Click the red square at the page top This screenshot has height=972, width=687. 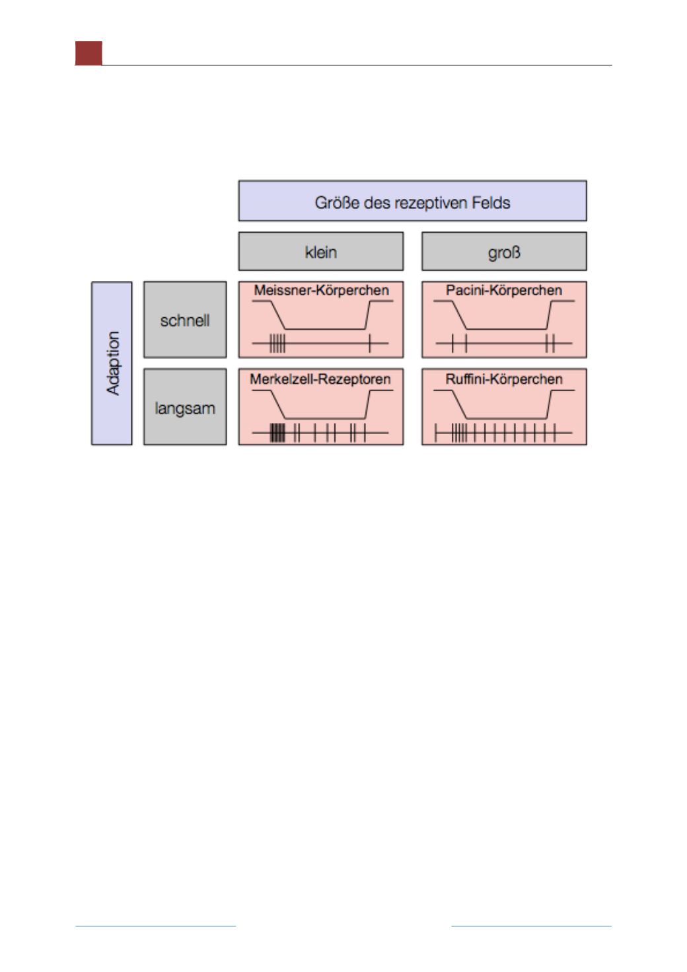pyautogui.click(x=89, y=53)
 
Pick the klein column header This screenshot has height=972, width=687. pyautogui.click(x=321, y=252)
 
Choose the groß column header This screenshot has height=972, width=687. pyautogui.click(x=504, y=252)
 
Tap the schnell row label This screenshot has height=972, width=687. pyautogui.click(x=185, y=320)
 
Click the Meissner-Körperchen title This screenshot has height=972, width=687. pyautogui.click(x=322, y=290)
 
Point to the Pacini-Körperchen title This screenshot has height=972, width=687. pyautogui.click(x=504, y=290)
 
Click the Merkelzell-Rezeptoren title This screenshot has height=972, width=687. pyautogui.click(x=320, y=379)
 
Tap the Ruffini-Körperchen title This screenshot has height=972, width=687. pyautogui.click(x=504, y=379)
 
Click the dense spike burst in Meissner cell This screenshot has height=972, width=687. pyautogui.click(x=277, y=343)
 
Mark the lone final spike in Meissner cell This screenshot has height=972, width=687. pyautogui.click(x=370, y=343)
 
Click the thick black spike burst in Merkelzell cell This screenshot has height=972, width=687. pyautogui.click(x=277, y=433)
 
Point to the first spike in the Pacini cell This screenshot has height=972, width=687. pyautogui.click(x=452, y=343)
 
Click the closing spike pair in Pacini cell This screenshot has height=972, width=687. pyautogui.click(x=550, y=343)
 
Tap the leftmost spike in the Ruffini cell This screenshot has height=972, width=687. pyautogui.click(x=436, y=433)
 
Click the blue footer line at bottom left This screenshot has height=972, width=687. pyautogui.click(x=156, y=926)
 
